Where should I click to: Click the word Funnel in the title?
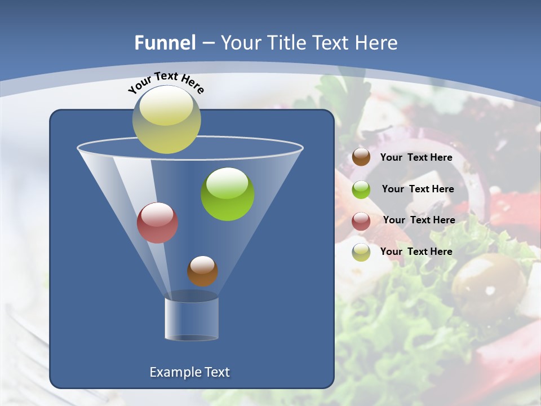[x=165, y=42]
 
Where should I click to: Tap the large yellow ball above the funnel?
[x=166, y=120]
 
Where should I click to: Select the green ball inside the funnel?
[x=228, y=193]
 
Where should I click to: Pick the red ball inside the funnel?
[x=158, y=223]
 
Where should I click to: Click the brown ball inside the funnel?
[x=202, y=271]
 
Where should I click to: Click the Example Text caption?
[x=189, y=372]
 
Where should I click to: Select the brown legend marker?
[x=361, y=157]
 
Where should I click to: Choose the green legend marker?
[x=361, y=189]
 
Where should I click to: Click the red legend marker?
[x=361, y=221]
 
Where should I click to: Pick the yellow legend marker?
[x=361, y=252]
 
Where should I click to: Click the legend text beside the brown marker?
[x=416, y=157]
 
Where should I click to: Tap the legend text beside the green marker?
[x=418, y=189]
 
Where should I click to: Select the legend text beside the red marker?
[x=419, y=220]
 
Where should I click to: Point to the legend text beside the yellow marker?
[x=416, y=251]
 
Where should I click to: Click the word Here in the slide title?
[x=377, y=42]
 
